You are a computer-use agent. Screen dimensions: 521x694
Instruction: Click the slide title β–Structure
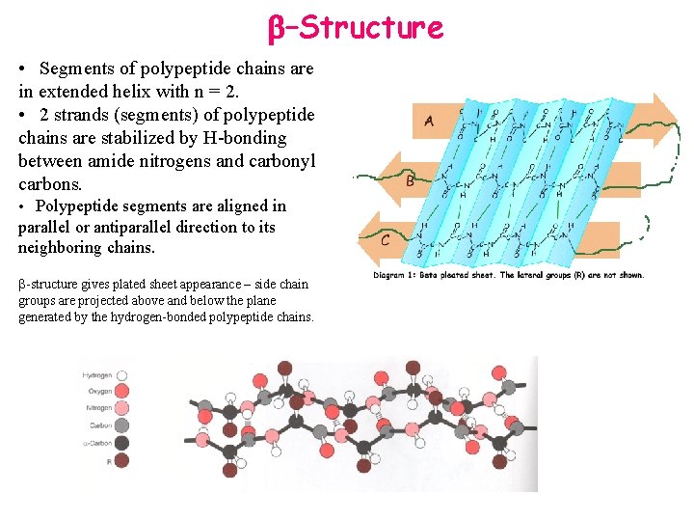(356, 27)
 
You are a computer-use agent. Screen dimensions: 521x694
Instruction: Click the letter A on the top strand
(429, 121)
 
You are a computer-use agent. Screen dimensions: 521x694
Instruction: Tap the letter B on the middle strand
(411, 180)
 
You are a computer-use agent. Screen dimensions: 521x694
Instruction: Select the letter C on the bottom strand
(386, 240)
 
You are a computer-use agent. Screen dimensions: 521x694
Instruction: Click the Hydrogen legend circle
(122, 375)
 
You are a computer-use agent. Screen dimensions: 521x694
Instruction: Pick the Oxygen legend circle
(122, 392)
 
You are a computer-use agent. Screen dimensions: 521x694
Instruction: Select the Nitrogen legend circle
(122, 408)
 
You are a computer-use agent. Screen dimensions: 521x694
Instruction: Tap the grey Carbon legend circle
(122, 425)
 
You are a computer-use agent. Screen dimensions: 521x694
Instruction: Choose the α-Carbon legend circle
(122, 443)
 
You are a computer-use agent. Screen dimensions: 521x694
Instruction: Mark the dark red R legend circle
(122, 460)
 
